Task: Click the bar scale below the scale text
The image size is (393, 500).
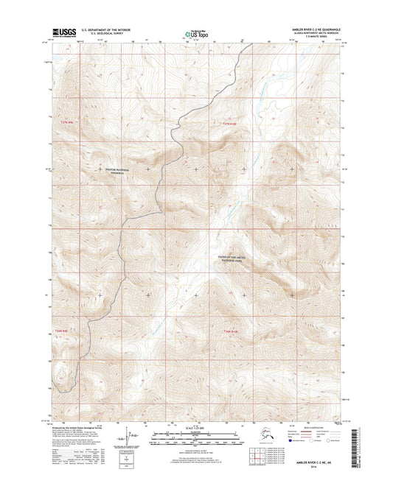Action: click(195, 438)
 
